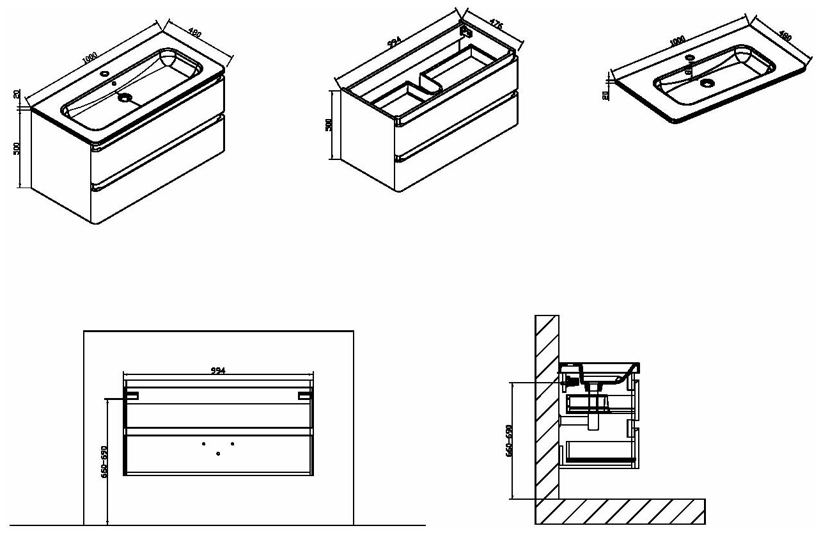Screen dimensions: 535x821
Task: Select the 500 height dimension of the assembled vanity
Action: point(17,148)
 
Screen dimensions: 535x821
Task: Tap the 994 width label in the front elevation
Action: point(219,370)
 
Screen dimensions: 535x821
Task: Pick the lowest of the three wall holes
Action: point(219,454)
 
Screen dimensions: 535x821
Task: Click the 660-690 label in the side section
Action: point(509,440)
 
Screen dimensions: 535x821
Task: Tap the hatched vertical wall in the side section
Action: point(547,410)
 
